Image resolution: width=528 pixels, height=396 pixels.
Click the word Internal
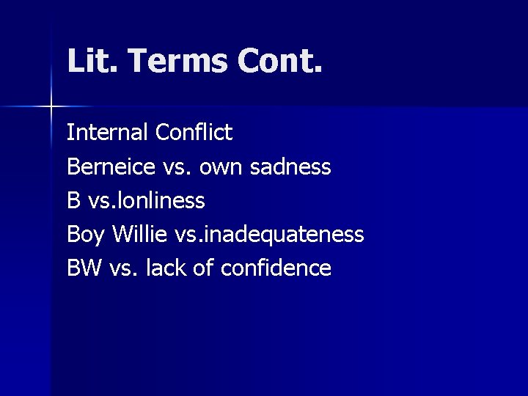pyautogui.click(x=108, y=133)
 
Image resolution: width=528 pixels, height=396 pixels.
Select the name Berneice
pyautogui.click(x=109, y=167)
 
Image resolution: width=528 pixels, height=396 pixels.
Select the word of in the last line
pyautogui.click(x=205, y=268)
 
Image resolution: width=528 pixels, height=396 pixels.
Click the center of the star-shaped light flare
pyautogui.click(x=51, y=107)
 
